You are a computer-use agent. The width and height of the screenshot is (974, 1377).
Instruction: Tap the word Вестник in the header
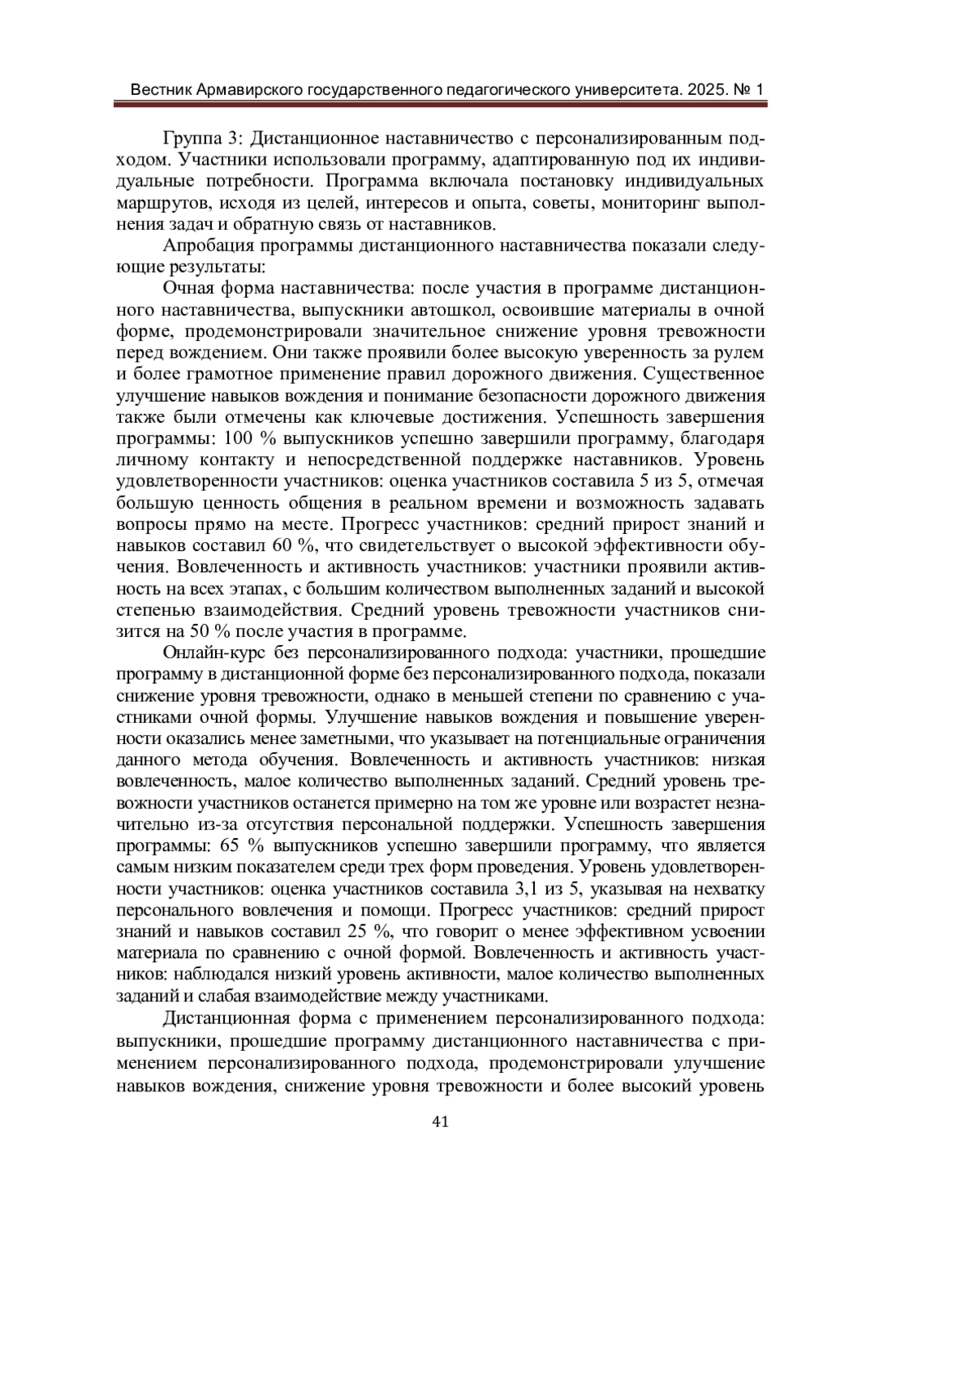click(x=161, y=88)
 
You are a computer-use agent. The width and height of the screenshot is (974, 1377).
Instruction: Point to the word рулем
click(x=742, y=353)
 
